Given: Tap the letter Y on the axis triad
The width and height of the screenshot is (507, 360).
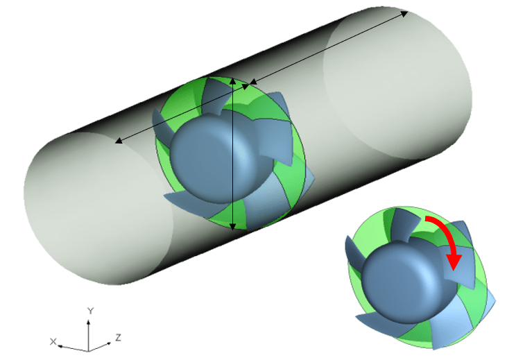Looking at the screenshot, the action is [90, 311].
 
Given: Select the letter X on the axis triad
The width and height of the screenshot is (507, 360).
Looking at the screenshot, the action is [53, 341].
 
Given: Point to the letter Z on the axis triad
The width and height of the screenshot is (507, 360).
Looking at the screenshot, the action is [119, 338].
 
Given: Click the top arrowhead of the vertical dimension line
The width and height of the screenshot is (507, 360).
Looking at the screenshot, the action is [232, 81].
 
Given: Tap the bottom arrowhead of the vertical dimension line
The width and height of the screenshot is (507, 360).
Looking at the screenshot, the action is [232, 227].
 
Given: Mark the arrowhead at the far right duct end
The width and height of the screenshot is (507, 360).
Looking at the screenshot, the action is [404, 13].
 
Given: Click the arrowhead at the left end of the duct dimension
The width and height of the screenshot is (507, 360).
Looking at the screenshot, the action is [119, 141].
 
